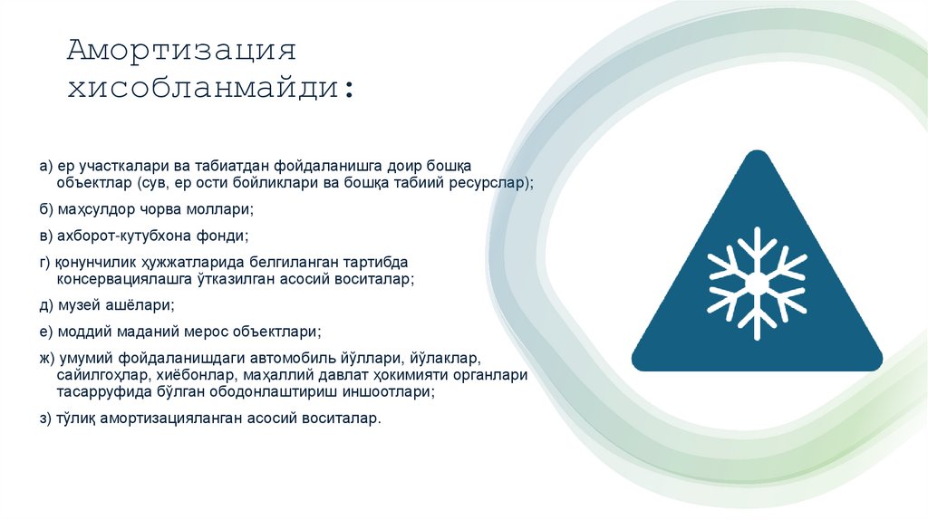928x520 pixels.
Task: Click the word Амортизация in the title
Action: (181, 51)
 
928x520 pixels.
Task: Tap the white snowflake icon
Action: (757, 283)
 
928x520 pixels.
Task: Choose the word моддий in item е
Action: (79, 332)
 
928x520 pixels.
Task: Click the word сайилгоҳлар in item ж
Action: (97, 375)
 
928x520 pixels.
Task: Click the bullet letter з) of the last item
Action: (45, 419)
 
